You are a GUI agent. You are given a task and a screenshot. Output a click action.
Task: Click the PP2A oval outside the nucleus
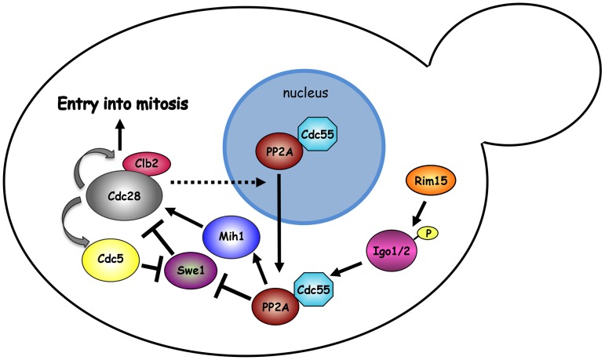[x=274, y=306]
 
